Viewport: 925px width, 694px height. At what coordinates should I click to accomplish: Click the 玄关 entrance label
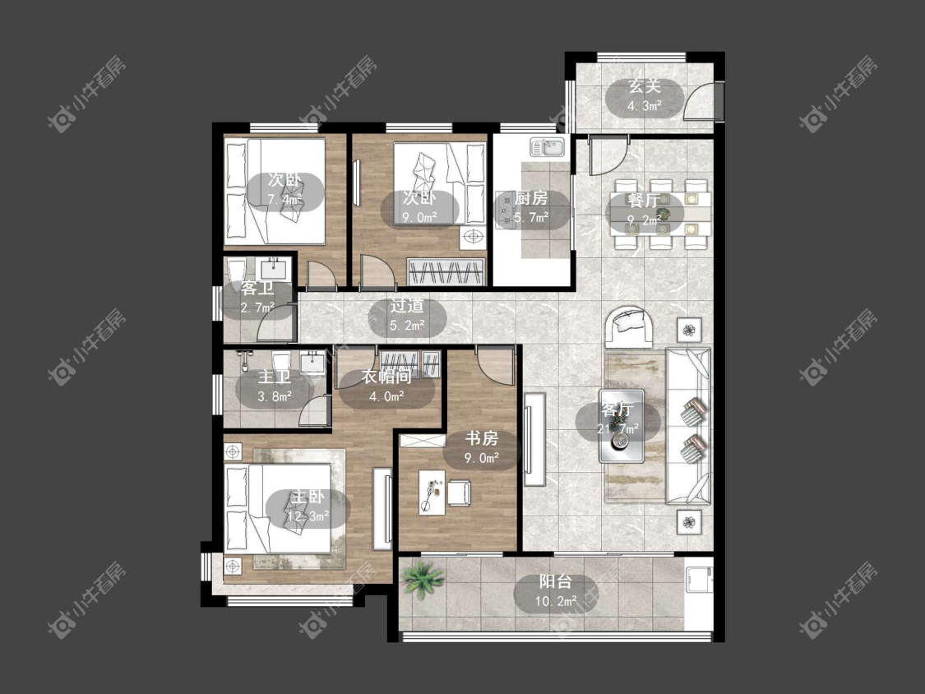[x=644, y=86]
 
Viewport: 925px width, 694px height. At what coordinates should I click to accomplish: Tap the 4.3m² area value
[x=644, y=107]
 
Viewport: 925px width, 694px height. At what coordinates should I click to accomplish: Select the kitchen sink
[x=548, y=147]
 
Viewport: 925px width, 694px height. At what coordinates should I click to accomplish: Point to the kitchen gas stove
[x=506, y=210]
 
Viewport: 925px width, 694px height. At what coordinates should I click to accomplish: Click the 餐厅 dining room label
[x=644, y=200]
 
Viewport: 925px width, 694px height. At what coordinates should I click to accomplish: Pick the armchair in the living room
[x=629, y=326]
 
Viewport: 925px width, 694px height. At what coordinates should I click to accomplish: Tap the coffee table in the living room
[x=622, y=426]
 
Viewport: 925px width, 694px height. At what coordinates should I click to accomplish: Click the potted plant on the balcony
[x=423, y=577]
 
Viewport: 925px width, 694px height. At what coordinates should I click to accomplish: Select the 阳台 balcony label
[x=556, y=582]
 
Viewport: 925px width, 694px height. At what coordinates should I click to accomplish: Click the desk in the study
[x=432, y=492]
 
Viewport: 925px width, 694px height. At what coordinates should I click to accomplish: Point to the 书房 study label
[x=482, y=438]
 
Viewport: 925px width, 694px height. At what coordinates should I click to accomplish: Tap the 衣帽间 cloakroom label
[x=387, y=377]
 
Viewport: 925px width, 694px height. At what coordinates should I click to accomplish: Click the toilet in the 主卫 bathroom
[x=281, y=362]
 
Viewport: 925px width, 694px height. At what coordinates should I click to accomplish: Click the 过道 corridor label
[x=407, y=305]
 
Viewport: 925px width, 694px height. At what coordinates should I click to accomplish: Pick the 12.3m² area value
[x=308, y=516]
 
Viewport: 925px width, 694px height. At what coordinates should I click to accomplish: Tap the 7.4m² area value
[x=285, y=200]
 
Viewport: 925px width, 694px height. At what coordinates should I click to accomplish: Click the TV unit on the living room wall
[x=534, y=439]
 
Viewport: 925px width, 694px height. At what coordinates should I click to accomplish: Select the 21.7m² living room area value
[x=618, y=429]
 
